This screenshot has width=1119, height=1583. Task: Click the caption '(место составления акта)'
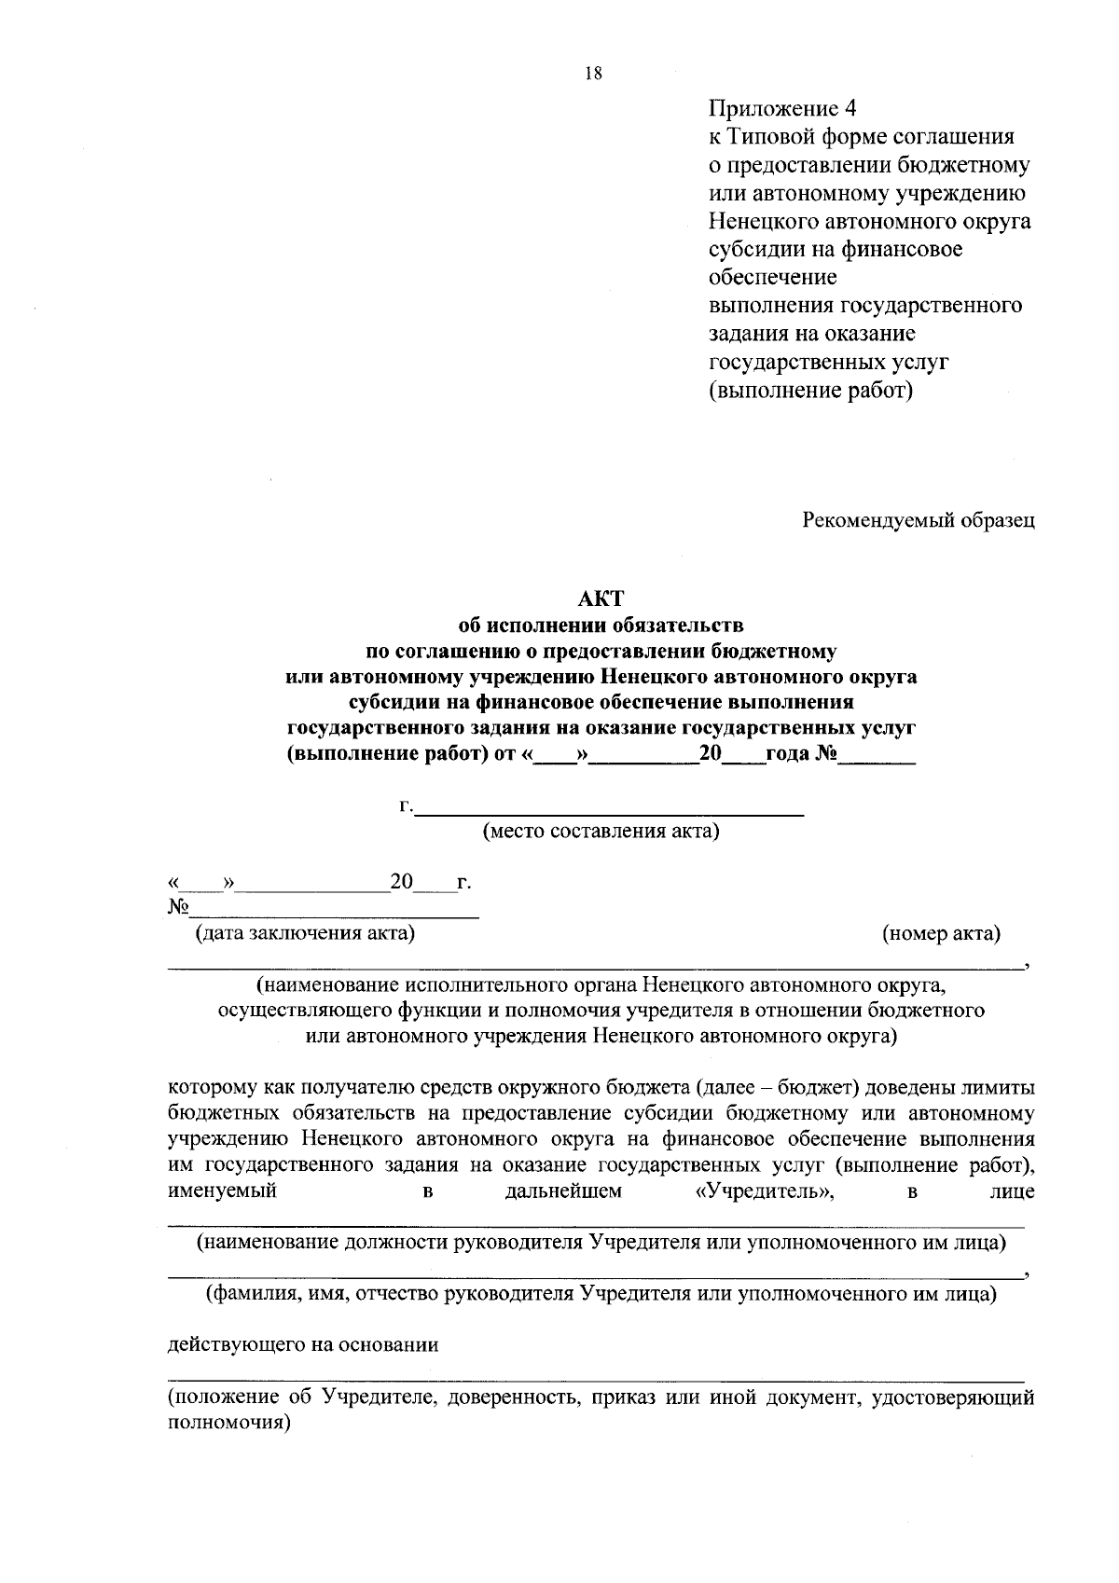601,831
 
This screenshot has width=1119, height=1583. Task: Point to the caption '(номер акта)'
941,933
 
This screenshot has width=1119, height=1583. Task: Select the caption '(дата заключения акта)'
304,933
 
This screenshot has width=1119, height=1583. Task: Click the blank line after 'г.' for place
609,807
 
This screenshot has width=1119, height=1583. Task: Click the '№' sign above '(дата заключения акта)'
178,907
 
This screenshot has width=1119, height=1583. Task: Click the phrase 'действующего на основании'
303,1345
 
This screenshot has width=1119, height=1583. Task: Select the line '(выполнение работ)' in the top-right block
810,390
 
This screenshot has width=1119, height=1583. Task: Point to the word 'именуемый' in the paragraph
222,1191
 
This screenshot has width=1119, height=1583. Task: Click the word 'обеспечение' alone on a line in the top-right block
773,278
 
